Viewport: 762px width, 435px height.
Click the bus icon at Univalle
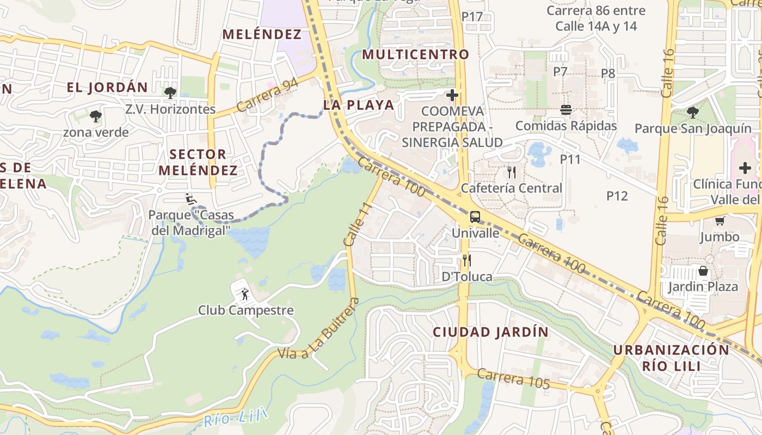point(475,217)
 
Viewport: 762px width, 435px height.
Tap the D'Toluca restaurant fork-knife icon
point(466,260)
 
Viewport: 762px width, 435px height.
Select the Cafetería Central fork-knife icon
point(511,172)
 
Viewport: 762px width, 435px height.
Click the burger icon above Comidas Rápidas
point(566,110)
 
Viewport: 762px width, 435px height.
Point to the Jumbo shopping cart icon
point(720,221)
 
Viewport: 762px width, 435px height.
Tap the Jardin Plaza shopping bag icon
point(703,271)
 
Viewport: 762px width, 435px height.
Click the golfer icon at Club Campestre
point(244,294)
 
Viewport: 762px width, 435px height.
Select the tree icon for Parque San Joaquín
point(693,113)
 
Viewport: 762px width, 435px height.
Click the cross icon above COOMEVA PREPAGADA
point(452,96)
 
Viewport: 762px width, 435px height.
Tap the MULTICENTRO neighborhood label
point(415,54)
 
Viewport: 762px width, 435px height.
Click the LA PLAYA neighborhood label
point(358,105)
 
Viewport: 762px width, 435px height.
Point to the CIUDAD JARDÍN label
point(490,332)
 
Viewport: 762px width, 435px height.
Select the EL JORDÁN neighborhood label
point(107,88)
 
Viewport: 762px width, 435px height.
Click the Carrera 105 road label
point(514,378)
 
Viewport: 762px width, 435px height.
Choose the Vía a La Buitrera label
point(318,330)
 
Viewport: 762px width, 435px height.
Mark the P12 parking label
point(617,196)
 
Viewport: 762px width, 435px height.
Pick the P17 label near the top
point(472,17)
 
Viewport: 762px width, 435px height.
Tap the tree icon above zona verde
point(96,116)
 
